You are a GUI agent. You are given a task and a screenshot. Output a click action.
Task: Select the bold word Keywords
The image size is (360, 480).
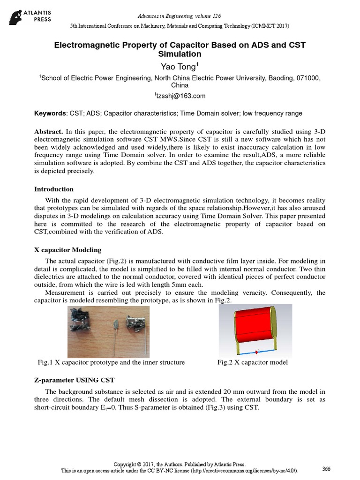tap(50, 113)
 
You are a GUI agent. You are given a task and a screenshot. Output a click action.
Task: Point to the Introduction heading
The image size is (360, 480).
tap(54, 189)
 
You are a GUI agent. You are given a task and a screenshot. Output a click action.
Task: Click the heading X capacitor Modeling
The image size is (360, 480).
tap(67, 249)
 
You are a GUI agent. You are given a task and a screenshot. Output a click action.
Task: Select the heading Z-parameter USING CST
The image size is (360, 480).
tap(74, 379)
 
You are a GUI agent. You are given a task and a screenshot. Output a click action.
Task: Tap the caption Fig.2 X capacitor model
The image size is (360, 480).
tap(252, 362)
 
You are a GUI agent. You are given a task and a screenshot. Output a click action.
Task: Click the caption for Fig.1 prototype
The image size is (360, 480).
tap(111, 362)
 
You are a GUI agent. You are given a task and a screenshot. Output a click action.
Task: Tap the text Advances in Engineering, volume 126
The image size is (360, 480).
tap(180, 16)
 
